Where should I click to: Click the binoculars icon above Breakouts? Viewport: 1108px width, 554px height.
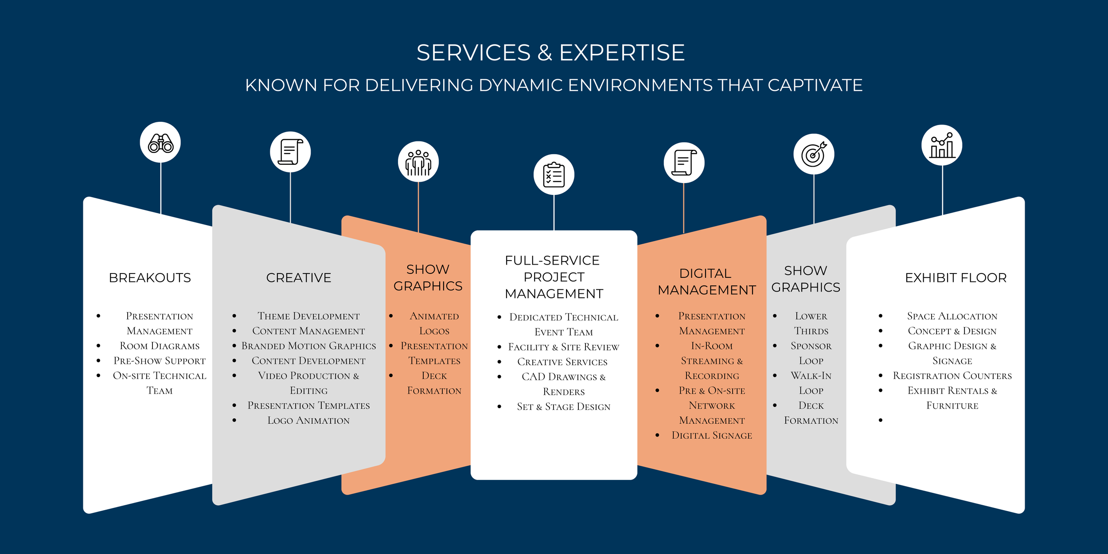(160, 143)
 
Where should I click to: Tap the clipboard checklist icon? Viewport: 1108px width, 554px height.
(554, 175)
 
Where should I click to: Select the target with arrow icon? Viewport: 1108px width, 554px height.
(814, 154)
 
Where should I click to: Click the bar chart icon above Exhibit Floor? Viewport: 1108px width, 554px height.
(942, 145)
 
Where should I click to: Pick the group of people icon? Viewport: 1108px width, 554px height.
(418, 162)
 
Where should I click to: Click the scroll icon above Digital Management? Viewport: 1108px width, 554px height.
(684, 163)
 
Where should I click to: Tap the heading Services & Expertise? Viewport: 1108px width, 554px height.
(550, 53)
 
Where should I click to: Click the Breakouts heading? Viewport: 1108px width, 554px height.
(150, 278)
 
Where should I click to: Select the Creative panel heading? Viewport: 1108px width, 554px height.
(299, 278)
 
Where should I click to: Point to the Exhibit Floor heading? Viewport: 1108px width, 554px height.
(956, 278)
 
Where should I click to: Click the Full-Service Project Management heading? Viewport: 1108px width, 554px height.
(554, 277)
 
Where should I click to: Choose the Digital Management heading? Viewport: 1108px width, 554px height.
(706, 281)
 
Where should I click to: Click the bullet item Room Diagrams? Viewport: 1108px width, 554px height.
(160, 346)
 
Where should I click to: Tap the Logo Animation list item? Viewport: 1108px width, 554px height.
(308, 420)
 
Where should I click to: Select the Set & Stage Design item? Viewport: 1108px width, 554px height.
(563, 406)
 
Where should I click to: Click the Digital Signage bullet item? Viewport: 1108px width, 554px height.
(712, 435)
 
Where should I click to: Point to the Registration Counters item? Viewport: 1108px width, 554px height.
(952, 376)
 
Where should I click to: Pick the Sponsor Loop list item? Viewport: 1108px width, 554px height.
(811, 353)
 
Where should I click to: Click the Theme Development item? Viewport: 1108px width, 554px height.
(308, 316)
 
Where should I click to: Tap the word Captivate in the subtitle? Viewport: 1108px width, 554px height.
(815, 85)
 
